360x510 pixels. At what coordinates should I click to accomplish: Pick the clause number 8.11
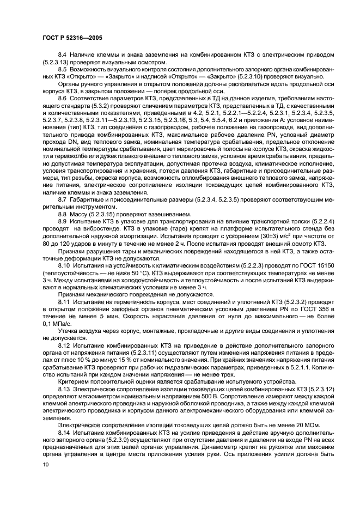point(64,300)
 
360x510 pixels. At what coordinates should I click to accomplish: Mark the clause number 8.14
point(64,432)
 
